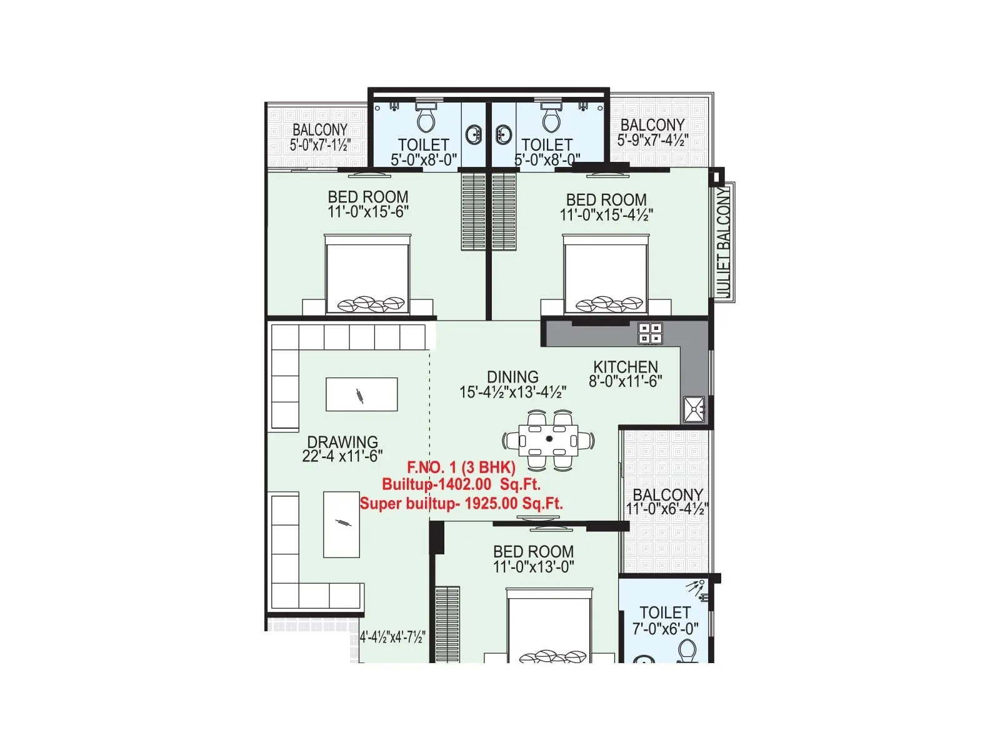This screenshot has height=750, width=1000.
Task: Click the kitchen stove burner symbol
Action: pos(650,333)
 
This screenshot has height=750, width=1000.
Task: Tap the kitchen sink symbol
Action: pos(694,409)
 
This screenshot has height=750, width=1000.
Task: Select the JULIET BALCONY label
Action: pos(723,242)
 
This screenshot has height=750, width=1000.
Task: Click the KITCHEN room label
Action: pos(625,367)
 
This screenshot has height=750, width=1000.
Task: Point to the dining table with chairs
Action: pos(549,439)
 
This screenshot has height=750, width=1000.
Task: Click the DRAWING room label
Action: pos(342,442)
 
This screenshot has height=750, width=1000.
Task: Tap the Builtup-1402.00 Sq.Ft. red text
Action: pos(461,484)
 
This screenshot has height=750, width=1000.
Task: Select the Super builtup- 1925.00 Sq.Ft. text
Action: pos(461,503)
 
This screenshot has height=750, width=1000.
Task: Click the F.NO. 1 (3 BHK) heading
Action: pos(461,467)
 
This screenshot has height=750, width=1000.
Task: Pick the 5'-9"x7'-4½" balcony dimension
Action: pos(652,141)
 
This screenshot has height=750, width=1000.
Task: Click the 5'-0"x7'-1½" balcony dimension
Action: pos(320,145)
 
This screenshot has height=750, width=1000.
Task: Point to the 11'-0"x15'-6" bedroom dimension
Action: pos(368,212)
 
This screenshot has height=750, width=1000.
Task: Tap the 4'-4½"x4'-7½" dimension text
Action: pos(392,637)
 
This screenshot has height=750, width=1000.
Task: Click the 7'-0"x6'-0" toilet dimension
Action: pos(665,629)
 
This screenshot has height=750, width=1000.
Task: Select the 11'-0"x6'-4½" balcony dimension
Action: pos(667,509)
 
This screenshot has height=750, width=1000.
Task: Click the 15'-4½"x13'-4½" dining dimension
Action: pos(512,392)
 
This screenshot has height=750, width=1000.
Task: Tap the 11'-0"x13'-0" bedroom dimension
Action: pos(533,567)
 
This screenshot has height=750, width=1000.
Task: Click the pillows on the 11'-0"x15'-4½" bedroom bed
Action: pos(609,304)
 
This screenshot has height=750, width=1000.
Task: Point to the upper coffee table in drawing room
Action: pos(361,394)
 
